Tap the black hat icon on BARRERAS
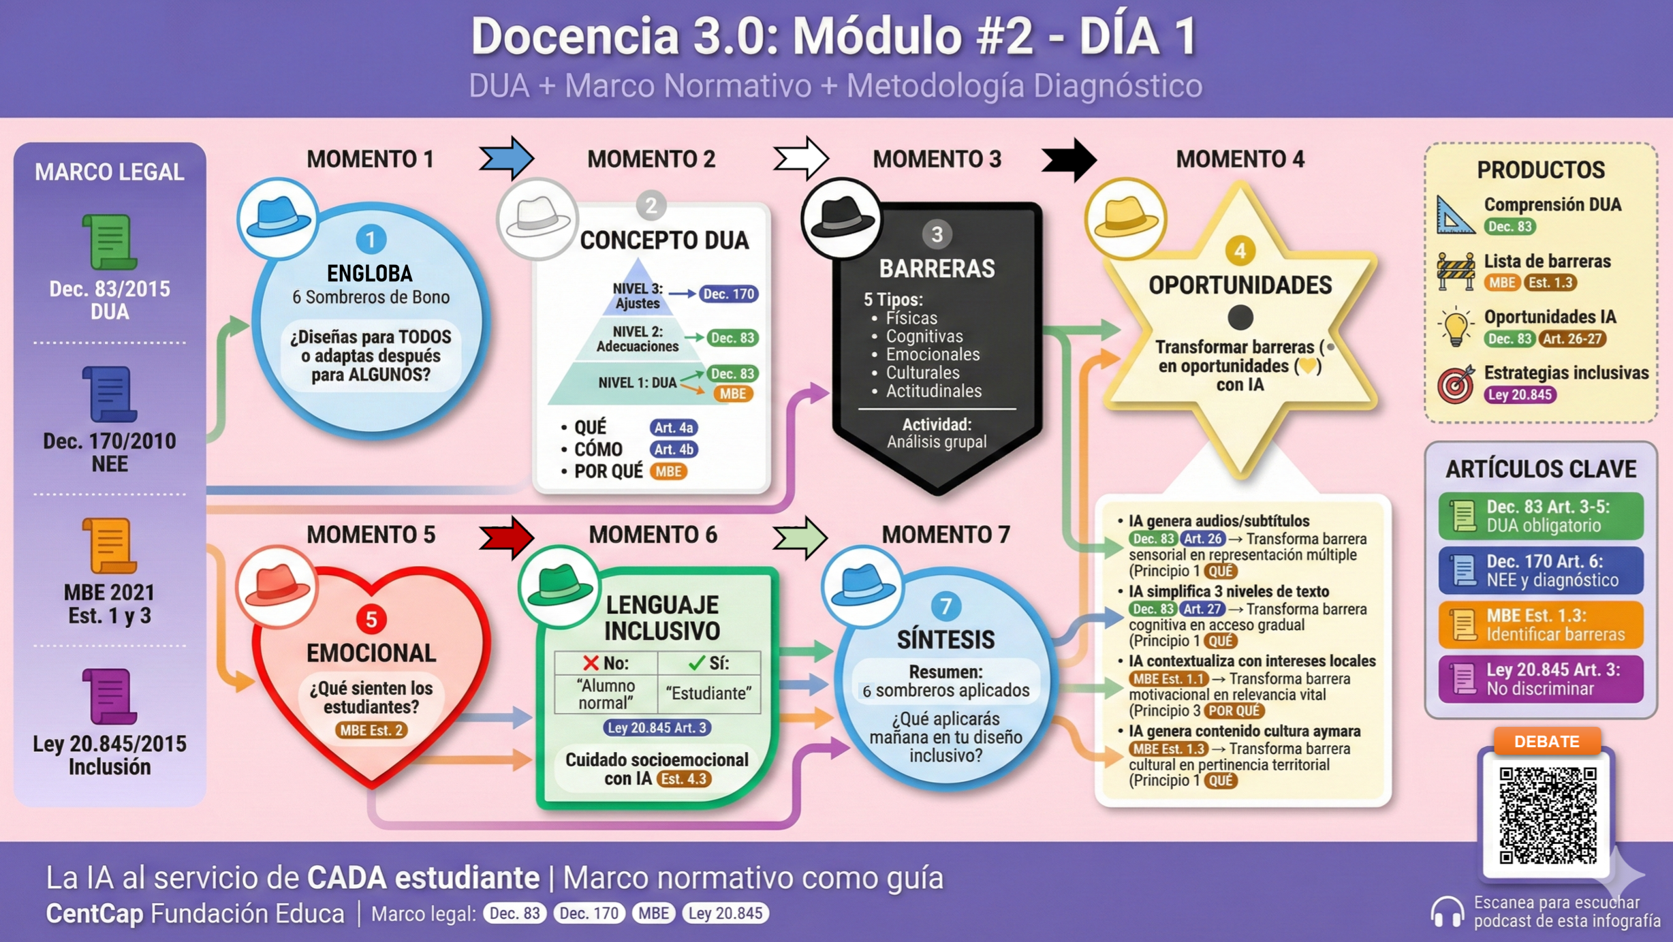pos(842,219)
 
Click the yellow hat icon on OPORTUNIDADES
pos(1125,219)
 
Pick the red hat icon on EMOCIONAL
pos(277,586)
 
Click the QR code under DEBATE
pos(1548,815)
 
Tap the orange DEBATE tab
pos(1546,741)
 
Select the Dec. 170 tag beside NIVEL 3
pos(728,294)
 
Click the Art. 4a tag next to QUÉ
pos(673,428)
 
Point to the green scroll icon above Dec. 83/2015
pos(109,242)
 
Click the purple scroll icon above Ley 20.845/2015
pos(109,696)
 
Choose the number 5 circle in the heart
pos(371,619)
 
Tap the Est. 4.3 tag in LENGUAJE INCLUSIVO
pos(683,779)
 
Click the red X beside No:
pos(591,663)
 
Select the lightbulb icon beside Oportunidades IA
pos(1455,327)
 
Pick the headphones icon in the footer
pos(1446,911)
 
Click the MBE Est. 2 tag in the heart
pos(371,730)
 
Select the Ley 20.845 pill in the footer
pos(725,913)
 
